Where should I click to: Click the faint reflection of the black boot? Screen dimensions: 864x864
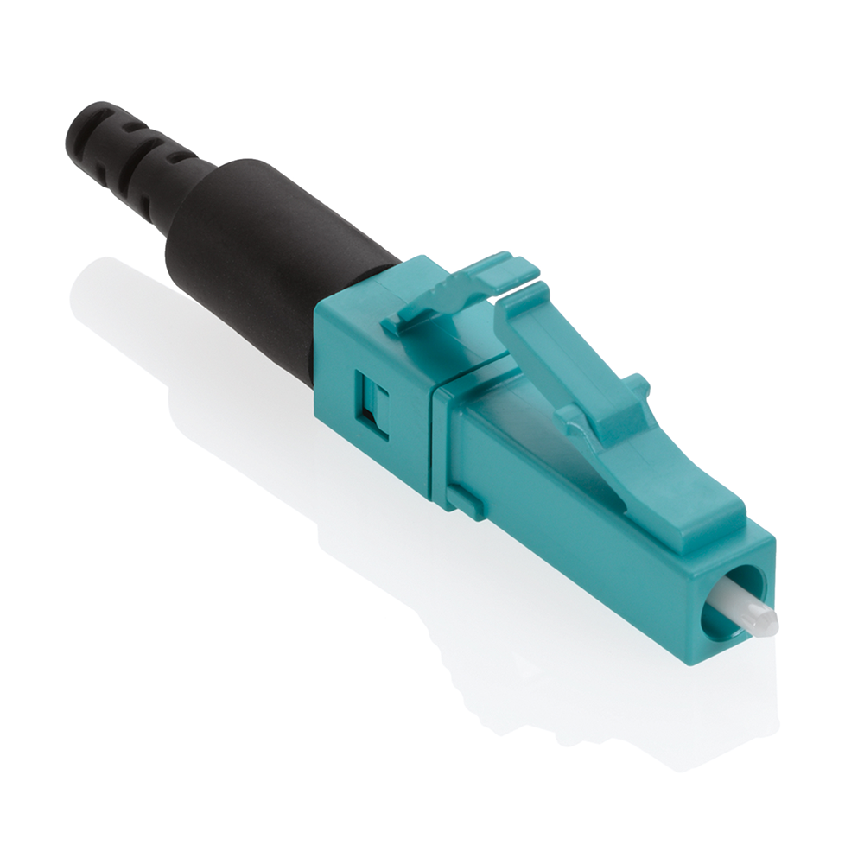[x=130, y=294]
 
